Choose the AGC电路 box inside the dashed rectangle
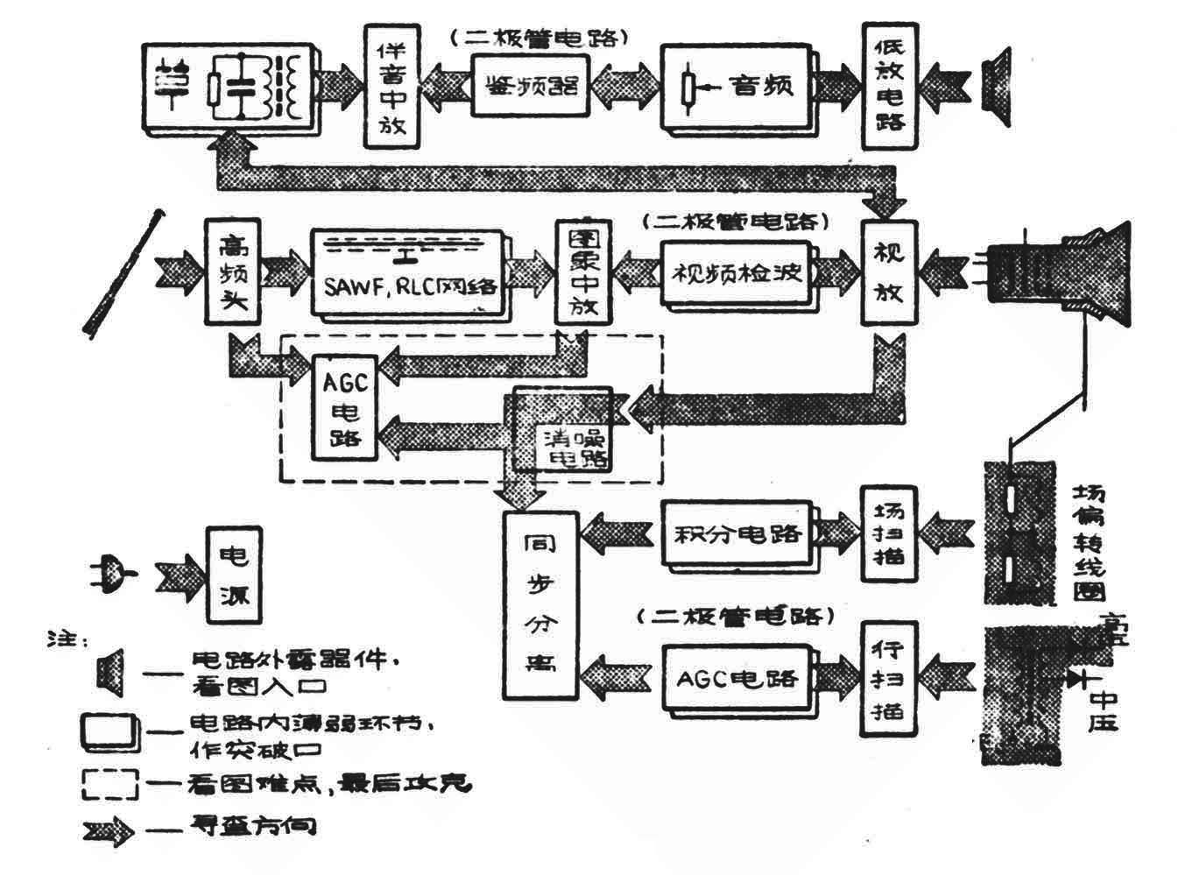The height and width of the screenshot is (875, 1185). (x=344, y=407)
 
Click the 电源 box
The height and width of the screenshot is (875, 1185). (x=234, y=573)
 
